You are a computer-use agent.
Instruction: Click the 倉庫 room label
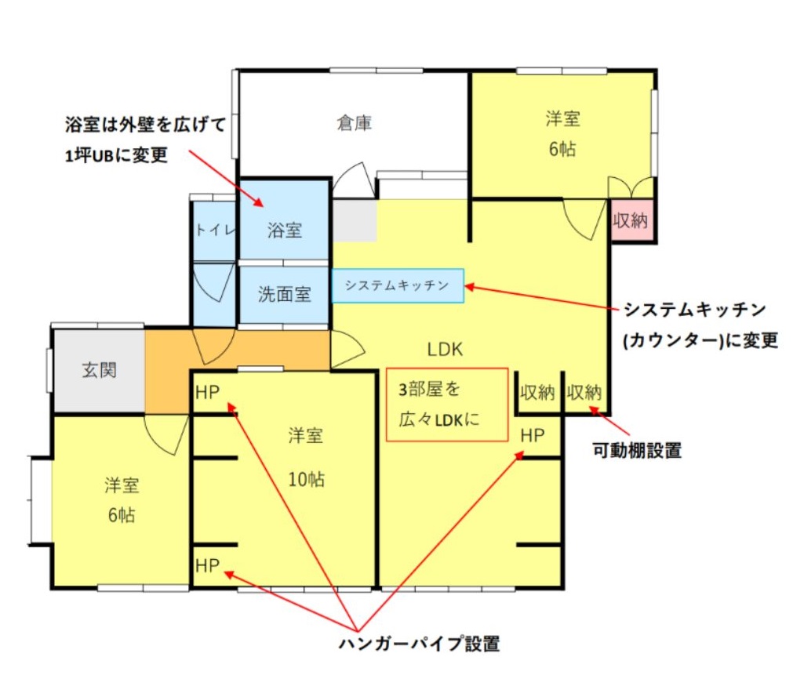click(354, 123)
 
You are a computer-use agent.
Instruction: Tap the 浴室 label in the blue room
click(284, 231)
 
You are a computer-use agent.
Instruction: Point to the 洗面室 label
click(284, 294)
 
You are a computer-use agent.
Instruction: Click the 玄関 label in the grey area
click(100, 370)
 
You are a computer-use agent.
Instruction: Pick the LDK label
click(445, 350)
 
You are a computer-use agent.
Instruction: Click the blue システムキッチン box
click(398, 285)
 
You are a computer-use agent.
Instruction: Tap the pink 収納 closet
click(631, 220)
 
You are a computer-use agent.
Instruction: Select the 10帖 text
click(306, 479)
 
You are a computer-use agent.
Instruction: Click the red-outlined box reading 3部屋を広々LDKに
click(447, 405)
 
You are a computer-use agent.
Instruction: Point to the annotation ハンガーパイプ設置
click(419, 644)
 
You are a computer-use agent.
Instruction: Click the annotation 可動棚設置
click(637, 451)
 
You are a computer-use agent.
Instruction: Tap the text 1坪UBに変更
click(116, 155)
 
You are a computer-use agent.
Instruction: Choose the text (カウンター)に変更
click(700, 340)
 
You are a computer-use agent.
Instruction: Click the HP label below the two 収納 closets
click(533, 436)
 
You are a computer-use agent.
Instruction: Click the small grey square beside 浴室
click(355, 220)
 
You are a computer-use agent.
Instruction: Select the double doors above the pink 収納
click(631, 187)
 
